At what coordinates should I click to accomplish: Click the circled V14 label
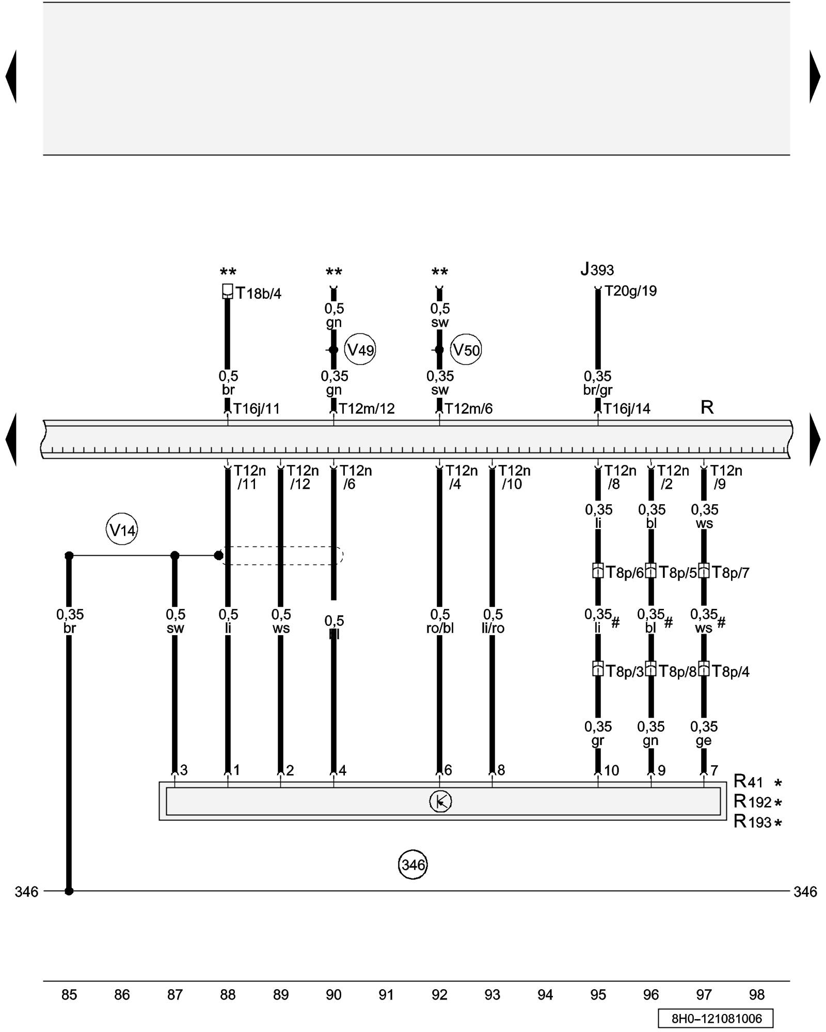click(122, 530)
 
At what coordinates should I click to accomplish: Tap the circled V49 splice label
click(360, 350)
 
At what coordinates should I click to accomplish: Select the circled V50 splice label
click(466, 350)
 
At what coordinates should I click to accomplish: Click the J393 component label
click(597, 269)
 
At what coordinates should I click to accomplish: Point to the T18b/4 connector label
click(259, 294)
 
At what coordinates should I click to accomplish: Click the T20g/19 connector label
click(630, 291)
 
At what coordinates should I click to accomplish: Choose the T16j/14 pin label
click(627, 409)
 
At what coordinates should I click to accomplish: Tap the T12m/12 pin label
click(367, 409)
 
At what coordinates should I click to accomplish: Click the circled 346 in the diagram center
click(412, 864)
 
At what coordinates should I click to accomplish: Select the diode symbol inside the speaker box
click(440, 801)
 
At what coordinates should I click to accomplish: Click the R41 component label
click(748, 782)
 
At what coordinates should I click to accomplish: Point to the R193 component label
click(752, 821)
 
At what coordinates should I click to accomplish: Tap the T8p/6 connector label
click(624, 572)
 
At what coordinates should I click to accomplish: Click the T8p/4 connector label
click(730, 671)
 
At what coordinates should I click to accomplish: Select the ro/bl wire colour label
click(440, 628)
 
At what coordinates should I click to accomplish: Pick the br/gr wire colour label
click(598, 390)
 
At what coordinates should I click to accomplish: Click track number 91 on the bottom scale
click(386, 994)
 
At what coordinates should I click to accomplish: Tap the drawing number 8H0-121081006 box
click(716, 1018)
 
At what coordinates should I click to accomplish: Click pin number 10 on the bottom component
click(611, 770)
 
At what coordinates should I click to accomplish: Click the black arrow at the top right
click(815, 76)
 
